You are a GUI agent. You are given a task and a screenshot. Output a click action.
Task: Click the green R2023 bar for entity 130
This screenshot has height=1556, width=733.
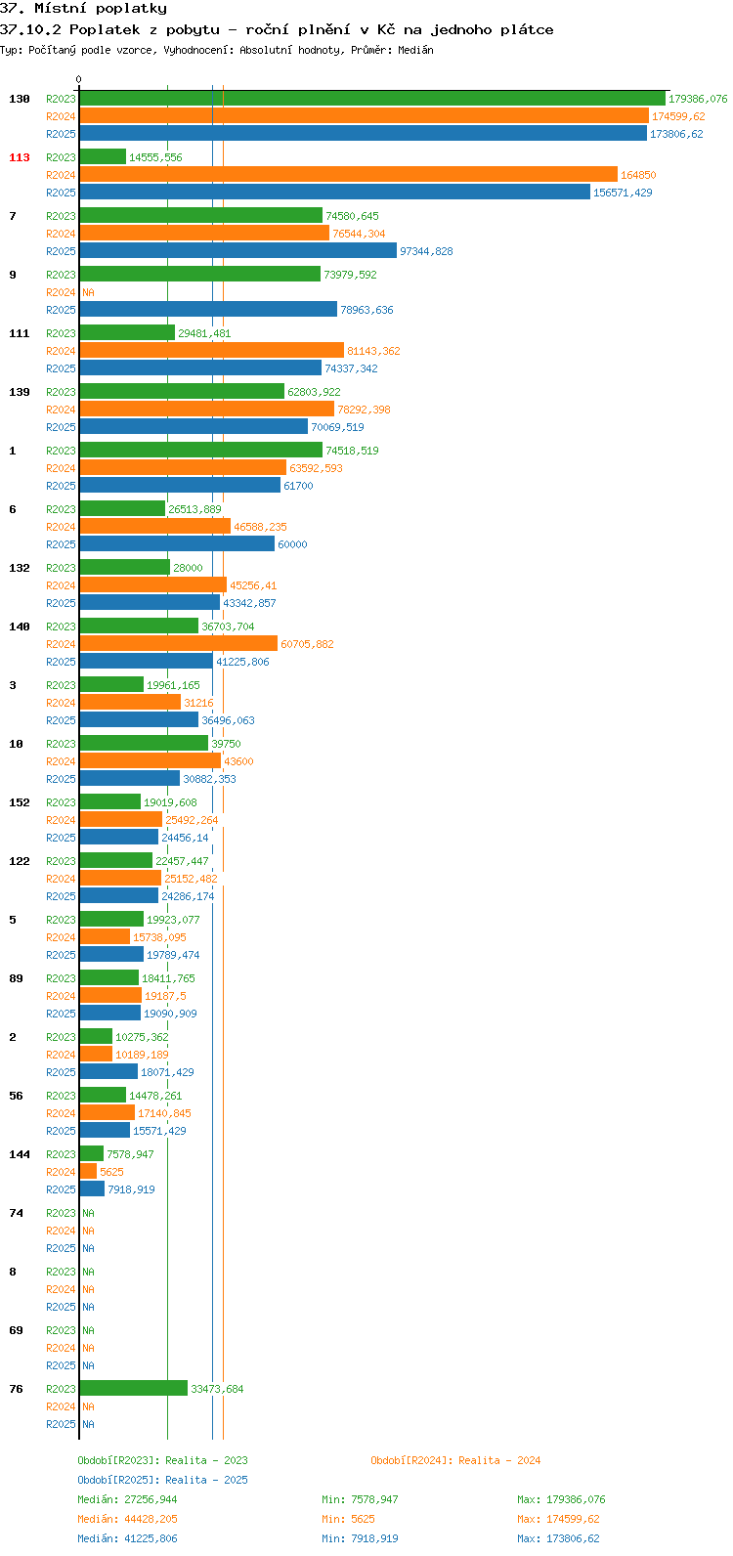tap(372, 99)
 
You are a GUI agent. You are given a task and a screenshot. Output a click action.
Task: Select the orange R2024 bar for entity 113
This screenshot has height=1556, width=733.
tap(349, 174)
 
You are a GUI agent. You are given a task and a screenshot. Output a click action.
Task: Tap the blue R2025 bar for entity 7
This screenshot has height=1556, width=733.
tap(238, 251)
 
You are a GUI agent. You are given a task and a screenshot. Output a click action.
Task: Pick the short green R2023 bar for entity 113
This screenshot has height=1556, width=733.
tap(103, 157)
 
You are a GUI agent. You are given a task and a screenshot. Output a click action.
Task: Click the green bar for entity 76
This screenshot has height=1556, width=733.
tap(133, 1388)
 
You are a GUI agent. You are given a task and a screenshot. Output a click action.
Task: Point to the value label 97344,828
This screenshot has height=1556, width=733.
tap(426, 251)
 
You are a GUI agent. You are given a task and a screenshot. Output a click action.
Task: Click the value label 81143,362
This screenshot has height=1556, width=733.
tap(373, 352)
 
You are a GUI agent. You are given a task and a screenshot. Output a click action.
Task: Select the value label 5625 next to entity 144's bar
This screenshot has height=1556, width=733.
tap(111, 1172)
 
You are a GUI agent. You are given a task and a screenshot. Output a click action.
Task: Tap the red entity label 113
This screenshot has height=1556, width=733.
tap(20, 157)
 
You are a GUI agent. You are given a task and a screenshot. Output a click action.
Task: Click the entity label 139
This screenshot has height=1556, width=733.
tap(20, 393)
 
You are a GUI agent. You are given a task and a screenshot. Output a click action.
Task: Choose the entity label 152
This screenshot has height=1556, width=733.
tap(20, 803)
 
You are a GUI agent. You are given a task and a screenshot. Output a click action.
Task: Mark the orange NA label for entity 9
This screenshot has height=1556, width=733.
tap(88, 292)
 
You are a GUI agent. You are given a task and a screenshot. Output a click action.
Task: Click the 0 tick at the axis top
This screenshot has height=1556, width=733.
tap(78, 79)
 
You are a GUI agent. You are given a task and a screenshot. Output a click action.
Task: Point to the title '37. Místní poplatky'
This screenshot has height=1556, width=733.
tap(83, 9)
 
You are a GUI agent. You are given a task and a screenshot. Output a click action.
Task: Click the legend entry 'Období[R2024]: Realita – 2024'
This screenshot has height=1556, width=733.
tap(455, 1460)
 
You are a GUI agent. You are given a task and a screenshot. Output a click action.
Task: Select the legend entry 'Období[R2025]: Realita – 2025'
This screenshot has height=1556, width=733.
tap(162, 1480)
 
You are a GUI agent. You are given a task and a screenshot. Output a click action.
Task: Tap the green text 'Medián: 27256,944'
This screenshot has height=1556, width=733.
tap(127, 1499)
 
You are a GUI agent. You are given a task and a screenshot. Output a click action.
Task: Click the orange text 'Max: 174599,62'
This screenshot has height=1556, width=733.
tap(558, 1519)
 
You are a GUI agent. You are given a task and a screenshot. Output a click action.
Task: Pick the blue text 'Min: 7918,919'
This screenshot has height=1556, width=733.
tap(360, 1538)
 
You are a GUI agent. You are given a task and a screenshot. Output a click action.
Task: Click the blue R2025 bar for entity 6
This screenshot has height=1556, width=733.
tap(177, 543)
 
